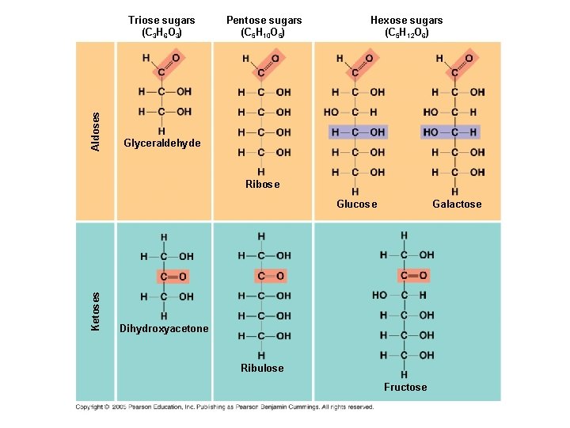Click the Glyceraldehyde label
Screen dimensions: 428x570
click(x=162, y=143)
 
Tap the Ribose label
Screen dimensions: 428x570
click(x=262, y=184)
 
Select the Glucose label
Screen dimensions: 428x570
click(x=356, y=204)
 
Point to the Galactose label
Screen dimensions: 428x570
click(x=456, y=204)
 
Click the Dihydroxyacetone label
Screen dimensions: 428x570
click(x=164, y=329)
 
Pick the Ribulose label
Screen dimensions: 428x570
click(x=262, y=368)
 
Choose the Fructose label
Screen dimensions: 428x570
click(x=405, y=387)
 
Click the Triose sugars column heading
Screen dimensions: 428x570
click(x=162, y=20)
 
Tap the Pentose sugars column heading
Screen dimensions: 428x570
click(x=264, y=20)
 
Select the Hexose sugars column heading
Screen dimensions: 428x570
click(x=407, y=20)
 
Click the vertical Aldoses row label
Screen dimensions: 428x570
click(x=96, y=132)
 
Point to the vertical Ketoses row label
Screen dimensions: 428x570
click(x=96, y=311)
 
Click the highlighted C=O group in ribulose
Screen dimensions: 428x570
click(x=270, y=276)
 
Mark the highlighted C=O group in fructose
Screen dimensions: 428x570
click(x=413, y=275)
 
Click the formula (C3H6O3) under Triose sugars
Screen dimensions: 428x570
click(x=162, y=33)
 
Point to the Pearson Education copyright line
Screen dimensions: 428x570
click(x=225, y=407)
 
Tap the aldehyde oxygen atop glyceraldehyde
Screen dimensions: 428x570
click(x=176, y=58)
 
